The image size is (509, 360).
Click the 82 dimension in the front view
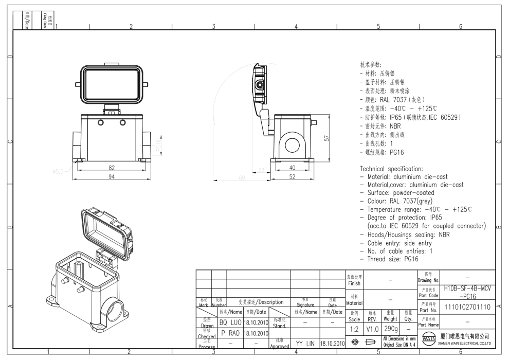[x=112, y=168]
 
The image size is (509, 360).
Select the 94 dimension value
[x=112, y=177]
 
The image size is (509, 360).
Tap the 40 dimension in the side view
[x=292, y=168]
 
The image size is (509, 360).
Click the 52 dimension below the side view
[x=292, y=177]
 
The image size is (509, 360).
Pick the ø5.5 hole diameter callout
[x=58, y=172]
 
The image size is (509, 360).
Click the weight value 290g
[x=389, y=328]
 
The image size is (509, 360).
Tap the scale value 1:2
[x=354, y=328]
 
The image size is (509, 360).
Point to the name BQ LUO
[x=230, y=322]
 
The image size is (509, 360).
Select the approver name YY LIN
[x=305, y=343]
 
